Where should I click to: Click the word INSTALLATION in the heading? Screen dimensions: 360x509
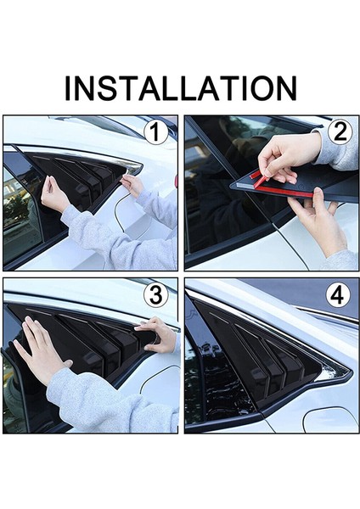tap(181, 88)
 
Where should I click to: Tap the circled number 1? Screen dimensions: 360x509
tap(156, 132)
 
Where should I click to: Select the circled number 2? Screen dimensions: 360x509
tap(340, 132)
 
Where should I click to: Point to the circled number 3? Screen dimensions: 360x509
tap(156, 295)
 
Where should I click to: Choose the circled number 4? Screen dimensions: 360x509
tap(338, 295)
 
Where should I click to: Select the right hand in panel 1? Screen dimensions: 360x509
tap(132, 185)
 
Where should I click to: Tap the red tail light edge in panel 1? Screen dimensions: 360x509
tap(176, 182)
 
